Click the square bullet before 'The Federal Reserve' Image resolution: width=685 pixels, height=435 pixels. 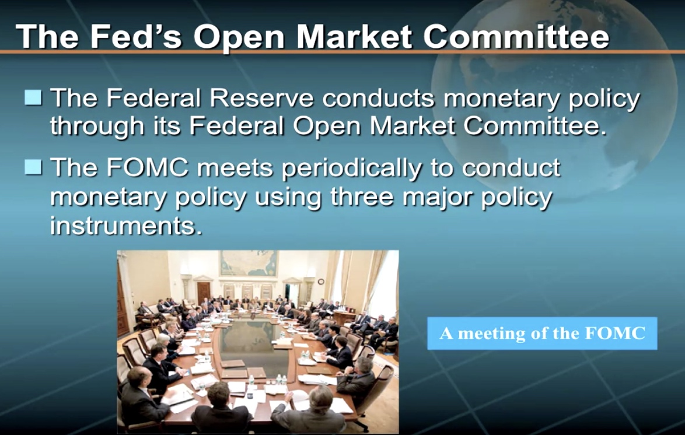click(33, 97)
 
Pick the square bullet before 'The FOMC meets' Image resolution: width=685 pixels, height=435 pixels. click(33, 167)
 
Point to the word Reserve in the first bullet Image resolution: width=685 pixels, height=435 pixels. click(261, 98)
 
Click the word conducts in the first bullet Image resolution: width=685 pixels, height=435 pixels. click(379, 98)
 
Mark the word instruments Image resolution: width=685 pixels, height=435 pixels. click(126, 225)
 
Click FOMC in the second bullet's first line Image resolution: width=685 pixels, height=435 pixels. click(147, 167)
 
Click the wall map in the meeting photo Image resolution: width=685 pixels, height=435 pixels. click(249, 263)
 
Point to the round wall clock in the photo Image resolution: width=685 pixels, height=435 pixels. click(321, 282)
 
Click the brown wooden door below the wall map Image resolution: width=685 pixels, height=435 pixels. click(204, 293)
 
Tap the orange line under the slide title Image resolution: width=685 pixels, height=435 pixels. click(342, 52)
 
